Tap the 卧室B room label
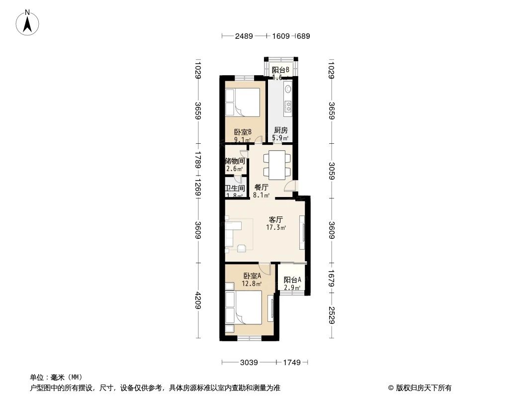coord(243,132)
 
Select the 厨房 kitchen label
coord(280,130)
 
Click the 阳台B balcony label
coord(280,70)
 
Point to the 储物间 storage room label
coord(235,161)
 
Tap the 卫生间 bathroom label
coord(235,189)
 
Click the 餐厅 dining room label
coord(261,188)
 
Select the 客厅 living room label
coord(276,219)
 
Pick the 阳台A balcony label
coord(292,280)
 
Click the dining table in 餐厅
coord(275,165)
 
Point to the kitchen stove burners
coord(287,105)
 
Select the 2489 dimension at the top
coord(244,36)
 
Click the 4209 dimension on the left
coord(197,300)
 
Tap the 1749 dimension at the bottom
coord(292,363)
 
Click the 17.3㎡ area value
coord(276,228)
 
